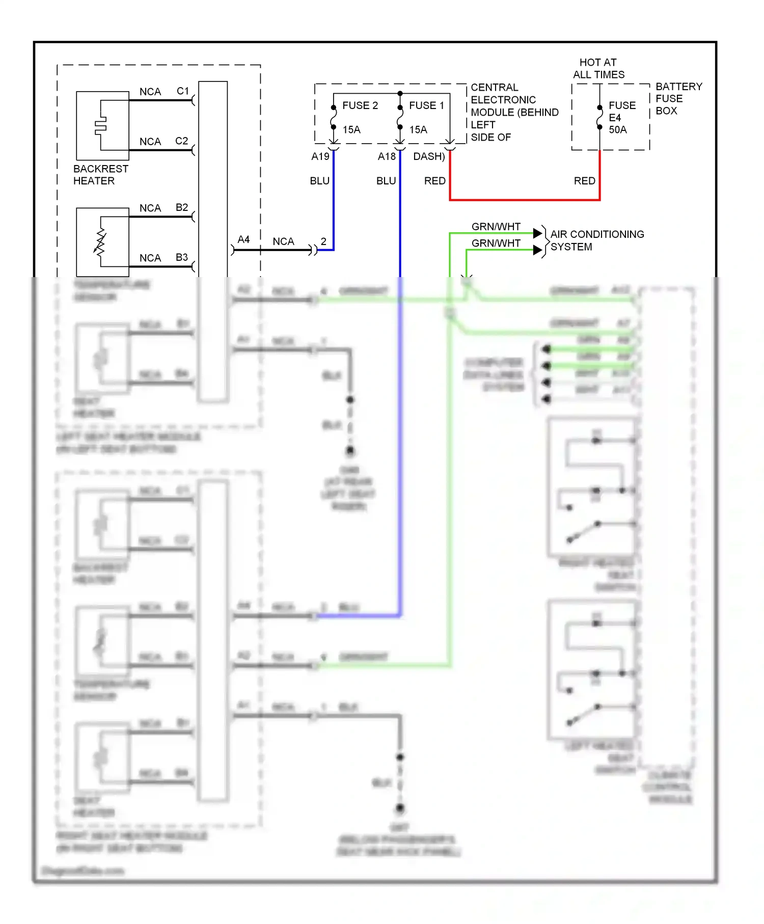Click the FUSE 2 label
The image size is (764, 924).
[x=360, y=105]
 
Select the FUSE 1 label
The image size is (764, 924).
[x=426, y=105]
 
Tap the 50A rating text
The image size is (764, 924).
[x=617, y=130]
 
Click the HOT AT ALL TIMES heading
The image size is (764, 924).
[x=598, y=68]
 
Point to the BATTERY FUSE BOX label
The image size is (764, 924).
[x=678, y=98]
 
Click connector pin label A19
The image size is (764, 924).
[x=320, y=156]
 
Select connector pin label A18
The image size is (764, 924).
[x=387, y=156]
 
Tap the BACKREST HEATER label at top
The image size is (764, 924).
[x=100, y=175]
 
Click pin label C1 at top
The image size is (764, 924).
[x=182, y=91]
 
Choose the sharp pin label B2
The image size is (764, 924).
[x=181, y=207]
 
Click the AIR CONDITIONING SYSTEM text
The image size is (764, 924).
[x=596, y=240]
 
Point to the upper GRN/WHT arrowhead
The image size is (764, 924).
[x=537, y=233]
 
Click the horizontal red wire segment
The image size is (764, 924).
[x=525, y=200]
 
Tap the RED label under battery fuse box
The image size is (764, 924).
[x=584, y=181]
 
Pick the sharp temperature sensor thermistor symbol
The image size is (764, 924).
[x=100, y=241]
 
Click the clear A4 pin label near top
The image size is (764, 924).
[x=243, y=239]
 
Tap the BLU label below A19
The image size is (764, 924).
[x=319, y=181]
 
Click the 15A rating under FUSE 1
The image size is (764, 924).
[x=418, y=130]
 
